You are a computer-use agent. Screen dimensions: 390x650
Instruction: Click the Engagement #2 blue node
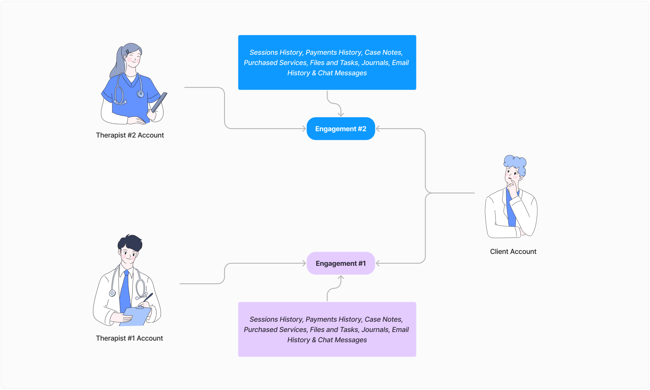coord(341,129)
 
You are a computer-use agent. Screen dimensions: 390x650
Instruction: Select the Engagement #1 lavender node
coord(341,263)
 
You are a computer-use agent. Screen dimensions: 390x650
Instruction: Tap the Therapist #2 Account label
coord(130,135)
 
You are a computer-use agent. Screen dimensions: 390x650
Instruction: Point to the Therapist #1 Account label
coord(129,338)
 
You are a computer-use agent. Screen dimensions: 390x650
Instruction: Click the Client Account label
coord(513,252)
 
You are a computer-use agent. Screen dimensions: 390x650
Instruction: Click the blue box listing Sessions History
coord(327,83)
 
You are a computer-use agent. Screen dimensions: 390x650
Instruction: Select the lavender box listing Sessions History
coord(327,349)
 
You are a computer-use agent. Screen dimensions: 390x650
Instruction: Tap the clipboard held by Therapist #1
coord(135,317)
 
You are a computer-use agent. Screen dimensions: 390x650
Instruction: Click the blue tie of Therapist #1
coord(125,292)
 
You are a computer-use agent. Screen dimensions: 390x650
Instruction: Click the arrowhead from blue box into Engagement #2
coord(341,115)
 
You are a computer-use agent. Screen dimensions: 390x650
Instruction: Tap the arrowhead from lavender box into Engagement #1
coord(341,278)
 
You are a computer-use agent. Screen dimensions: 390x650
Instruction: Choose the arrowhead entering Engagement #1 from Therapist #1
coord(304,263)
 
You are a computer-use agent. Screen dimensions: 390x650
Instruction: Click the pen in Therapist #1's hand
coord(148,297)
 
